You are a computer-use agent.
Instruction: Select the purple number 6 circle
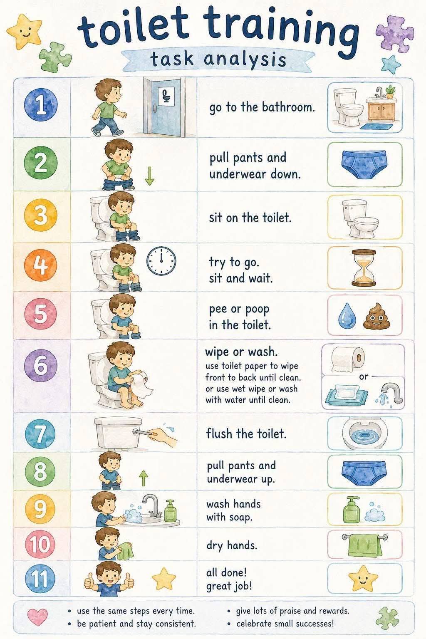pos(41,366)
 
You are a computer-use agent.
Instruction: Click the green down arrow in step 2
pos(149,176)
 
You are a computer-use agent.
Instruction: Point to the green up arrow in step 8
pos(144,478)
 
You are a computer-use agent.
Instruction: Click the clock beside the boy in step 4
pos(161,261)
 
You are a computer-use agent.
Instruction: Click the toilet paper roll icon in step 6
pos(348,359)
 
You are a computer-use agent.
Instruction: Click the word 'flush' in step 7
pos(219,433)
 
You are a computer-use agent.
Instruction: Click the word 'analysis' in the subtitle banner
pos(245,59)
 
